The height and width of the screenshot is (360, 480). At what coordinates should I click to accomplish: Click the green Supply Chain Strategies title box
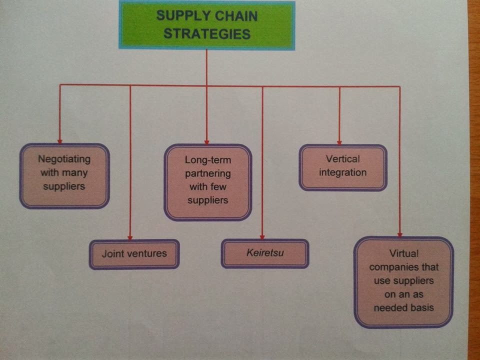[x=206, y=25]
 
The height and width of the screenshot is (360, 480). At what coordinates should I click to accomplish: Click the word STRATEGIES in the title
[x=207, y=34]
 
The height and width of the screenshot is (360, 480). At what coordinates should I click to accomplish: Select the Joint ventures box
[x=134, y=254]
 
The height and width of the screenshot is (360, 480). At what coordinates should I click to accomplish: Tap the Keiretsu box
[x=265, y=253]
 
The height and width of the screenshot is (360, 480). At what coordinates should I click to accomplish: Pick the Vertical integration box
[x=343, y=167]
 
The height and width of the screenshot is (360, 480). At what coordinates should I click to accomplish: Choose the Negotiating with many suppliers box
[x=64, y=175]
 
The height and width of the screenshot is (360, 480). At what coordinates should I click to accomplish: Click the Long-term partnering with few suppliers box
[x=207, y=182]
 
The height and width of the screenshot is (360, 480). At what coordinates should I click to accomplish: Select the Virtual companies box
[x=403, y=282]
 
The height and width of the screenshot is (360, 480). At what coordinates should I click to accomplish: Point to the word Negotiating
[x=64, y=159]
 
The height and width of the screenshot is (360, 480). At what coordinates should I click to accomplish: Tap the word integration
[x=343, y=173]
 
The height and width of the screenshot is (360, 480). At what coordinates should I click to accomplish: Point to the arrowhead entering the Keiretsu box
[x=262, y=236]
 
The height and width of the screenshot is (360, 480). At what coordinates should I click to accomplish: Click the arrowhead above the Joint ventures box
[x=130, y=236]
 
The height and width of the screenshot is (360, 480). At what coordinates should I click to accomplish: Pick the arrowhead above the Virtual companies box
[x=400, y=233]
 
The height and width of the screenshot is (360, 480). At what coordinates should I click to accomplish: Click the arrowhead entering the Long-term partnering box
[x=206, y=141]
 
